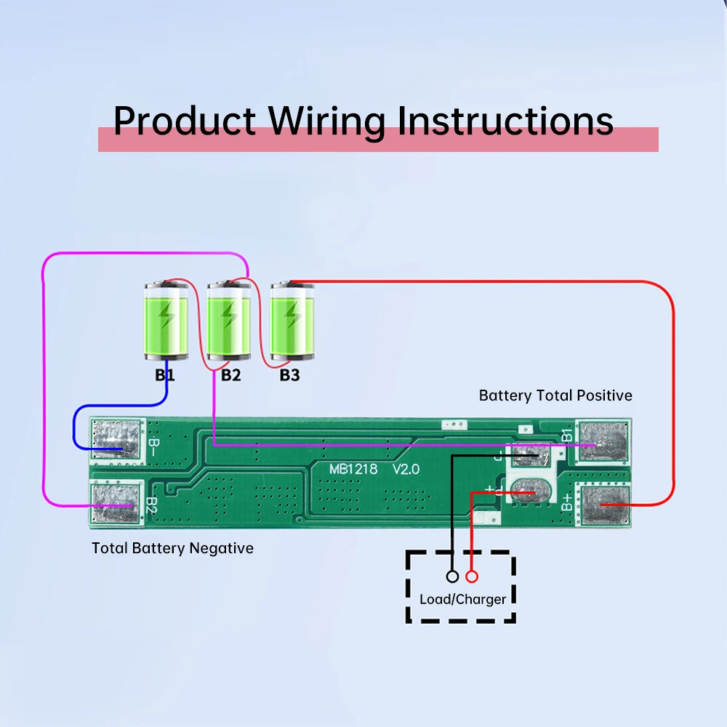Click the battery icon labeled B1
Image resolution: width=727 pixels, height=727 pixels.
[x=166, y=321]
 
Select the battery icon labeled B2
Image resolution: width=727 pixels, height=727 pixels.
[x=229, y=321]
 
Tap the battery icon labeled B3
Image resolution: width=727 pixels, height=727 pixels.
[x=292, y=321]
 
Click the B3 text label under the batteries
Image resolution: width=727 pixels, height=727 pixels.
[x=290, y=376]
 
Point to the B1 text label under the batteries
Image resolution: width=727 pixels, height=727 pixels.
[x=164, y=376]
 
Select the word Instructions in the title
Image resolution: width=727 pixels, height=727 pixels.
[x=505, y=121]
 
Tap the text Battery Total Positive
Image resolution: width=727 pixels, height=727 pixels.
[x=555, y=395]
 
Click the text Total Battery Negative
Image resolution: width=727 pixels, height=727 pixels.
[x=172, y=548]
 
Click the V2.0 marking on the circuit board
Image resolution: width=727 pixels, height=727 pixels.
[x=406, y=469]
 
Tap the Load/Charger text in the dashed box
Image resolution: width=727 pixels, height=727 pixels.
[x=462, y=600]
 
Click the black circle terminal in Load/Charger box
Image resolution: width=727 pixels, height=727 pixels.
[x=452, y=577]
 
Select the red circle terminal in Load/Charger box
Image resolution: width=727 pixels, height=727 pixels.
[x=472, y=577]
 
